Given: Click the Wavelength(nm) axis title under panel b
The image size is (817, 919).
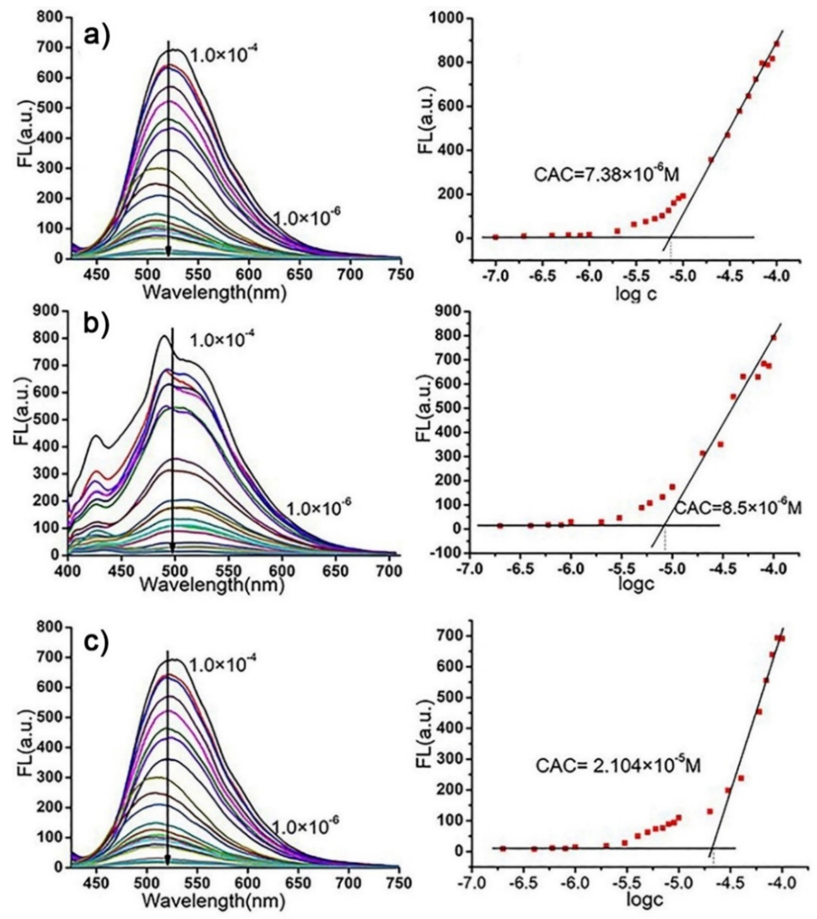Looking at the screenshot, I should tap(213, 584).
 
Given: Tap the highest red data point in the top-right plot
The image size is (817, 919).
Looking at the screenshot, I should tap(777, 44).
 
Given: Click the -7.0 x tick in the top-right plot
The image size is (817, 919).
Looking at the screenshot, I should tap(495, 275).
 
